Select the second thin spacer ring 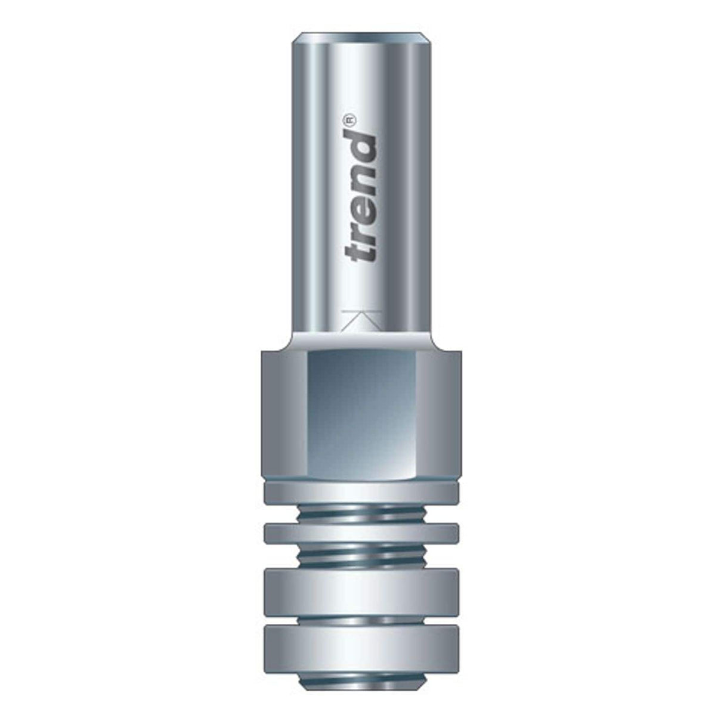[x=361, y=533]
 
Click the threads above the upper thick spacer [x=361, y=556]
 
